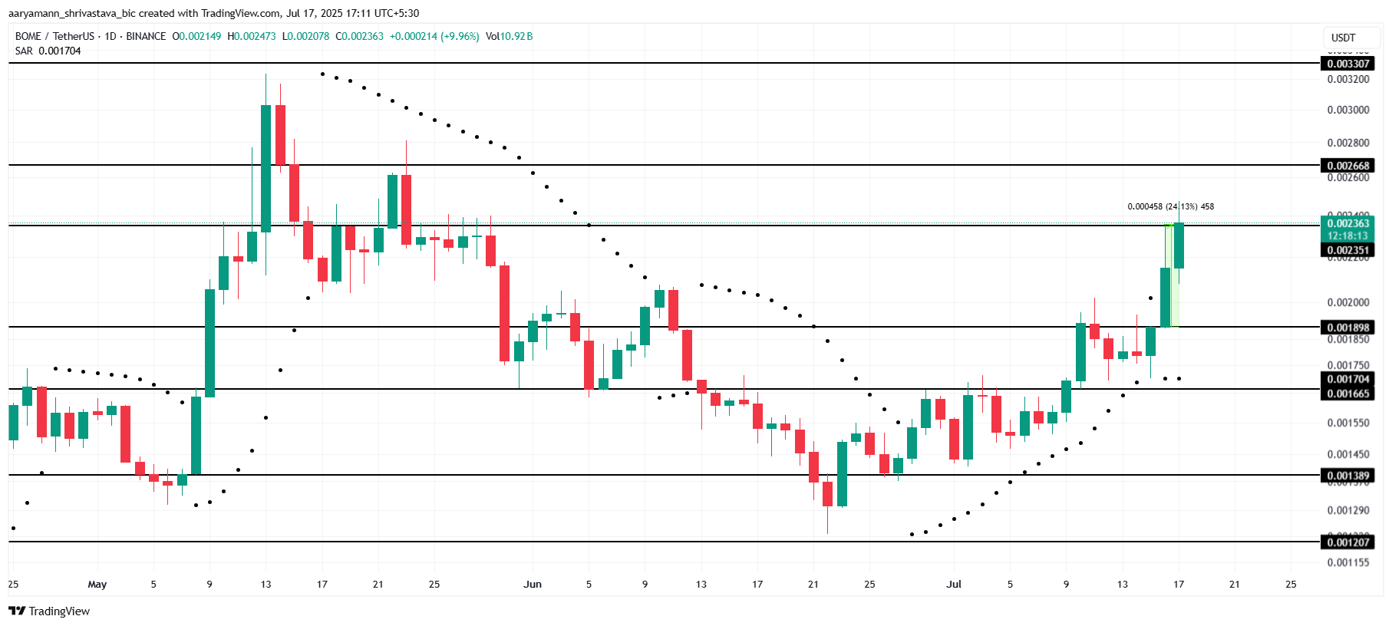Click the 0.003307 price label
coord(1347,64)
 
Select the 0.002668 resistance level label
coord(1347,166)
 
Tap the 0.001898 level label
coord(1347,328)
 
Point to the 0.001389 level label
coord(1347,476)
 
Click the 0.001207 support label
coord(1347,542)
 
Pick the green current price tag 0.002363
coord(1347,224)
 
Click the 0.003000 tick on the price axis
coord(1347,110)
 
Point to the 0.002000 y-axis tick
coord(1347,302)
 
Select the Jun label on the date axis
coord(533,584)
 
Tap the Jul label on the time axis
coord(953,584)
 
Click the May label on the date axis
coord(97,584)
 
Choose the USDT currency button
coord(1343,38)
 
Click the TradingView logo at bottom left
coord(49,611)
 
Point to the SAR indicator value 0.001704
coord(59,51)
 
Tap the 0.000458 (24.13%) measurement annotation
coord(1169,206)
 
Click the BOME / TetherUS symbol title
coord(54,36)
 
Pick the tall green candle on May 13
coord(266,169)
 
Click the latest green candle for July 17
coord(1179,245)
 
